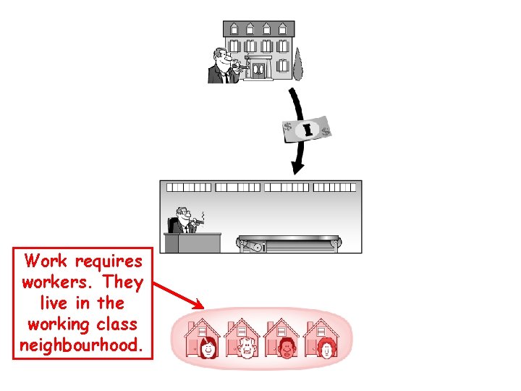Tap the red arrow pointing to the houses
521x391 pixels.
coord(179,295)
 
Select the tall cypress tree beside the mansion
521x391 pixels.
coord(297,63)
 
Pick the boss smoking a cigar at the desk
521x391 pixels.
coord(181,220)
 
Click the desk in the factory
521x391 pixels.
coord(192,241)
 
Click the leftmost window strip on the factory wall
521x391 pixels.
coord(189,187)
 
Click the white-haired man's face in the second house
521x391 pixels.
coord(247,348)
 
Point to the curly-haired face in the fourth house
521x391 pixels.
coord(327,348)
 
